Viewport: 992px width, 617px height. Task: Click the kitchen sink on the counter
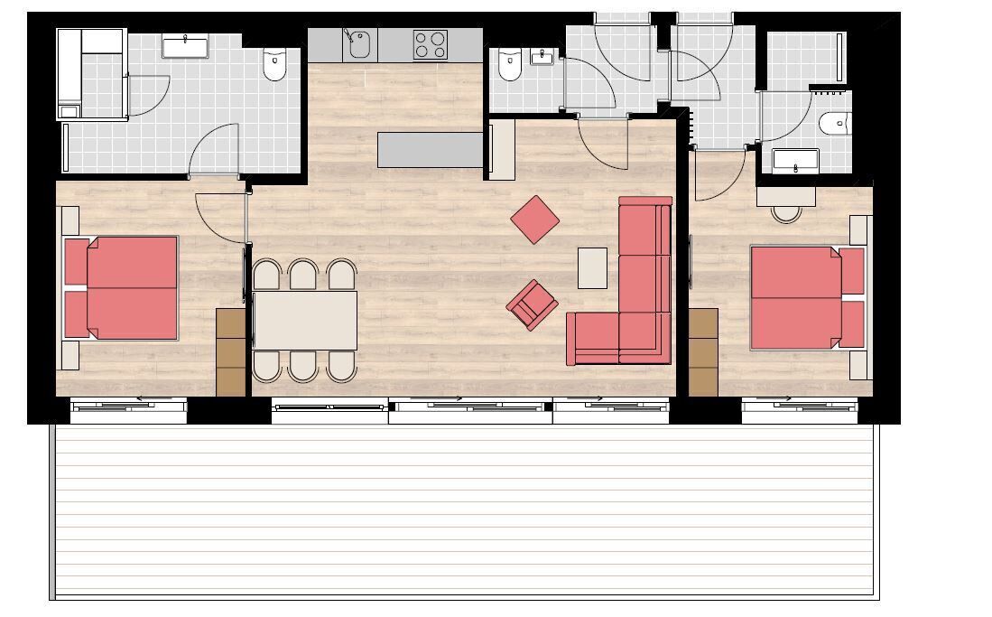(x=358, y=44)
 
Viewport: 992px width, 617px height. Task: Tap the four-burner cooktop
(x=431, y=44)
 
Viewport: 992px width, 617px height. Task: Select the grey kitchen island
(x=431, y=150)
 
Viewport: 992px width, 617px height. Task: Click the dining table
(x=305, y=320)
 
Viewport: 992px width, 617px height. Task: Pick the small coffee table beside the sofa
(x=592, y=267)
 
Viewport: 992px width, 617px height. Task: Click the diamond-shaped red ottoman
(x=535, y=220)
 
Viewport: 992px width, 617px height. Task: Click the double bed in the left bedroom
(x=126, y=287)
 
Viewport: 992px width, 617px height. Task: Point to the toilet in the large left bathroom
(x=274, y=64)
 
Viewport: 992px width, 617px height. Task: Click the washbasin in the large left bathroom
(x=185, y=45)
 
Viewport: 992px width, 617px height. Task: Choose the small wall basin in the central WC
(x=542, y=58)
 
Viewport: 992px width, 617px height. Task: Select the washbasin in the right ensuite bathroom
(x=796, y=163)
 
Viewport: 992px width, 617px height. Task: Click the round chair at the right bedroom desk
(x=786, y=213)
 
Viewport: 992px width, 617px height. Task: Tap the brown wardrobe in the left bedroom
(x=231, y=351)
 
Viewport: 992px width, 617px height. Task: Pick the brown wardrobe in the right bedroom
(x=703, y=351)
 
